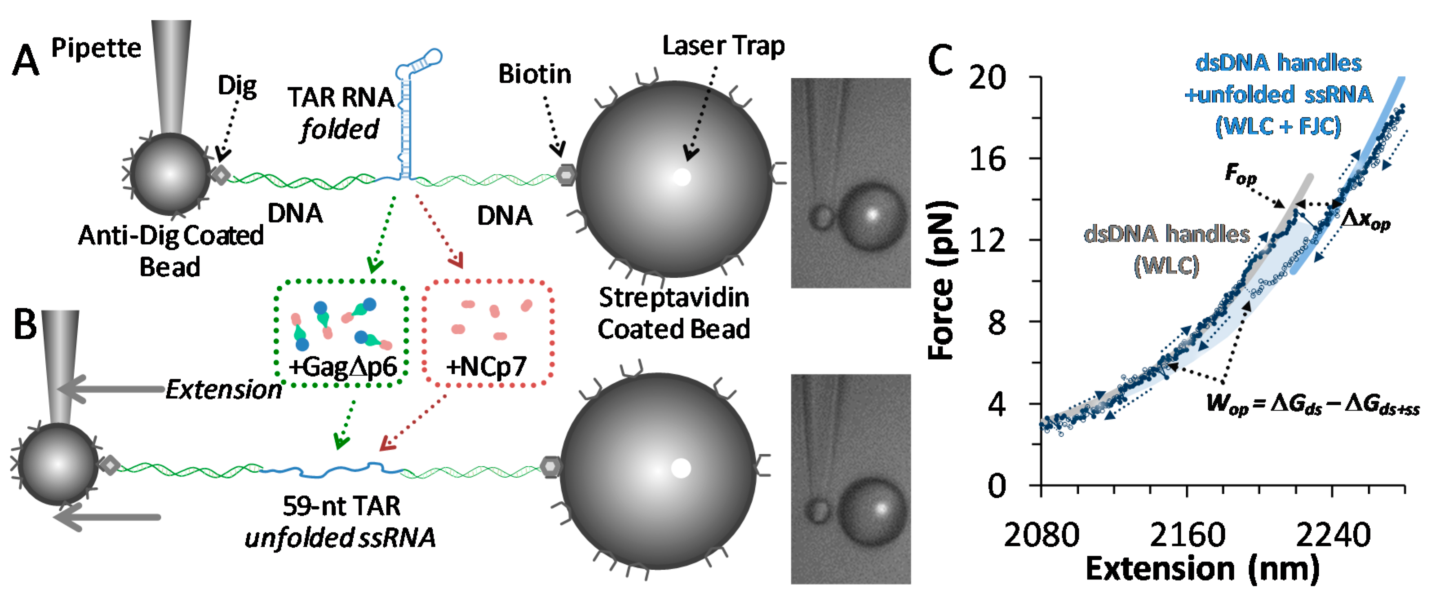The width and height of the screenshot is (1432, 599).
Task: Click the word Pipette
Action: click(x=96, y=49)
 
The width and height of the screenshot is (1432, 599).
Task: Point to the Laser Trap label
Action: click(x=723, y=46)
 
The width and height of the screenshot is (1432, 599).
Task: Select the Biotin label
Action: click(x=534, y=74)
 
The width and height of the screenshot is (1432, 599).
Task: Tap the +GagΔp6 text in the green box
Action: click(x=343, y=367)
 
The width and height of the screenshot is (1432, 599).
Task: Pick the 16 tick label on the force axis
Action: click(x=987, y=159)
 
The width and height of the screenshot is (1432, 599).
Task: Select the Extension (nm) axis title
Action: click(x=1202, y=569)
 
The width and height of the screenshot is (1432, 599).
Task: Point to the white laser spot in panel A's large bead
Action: click(x=682, y=177)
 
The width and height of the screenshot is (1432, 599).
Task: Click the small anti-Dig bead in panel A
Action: click(x=170, y=175)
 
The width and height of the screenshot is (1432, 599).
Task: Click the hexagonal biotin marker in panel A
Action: click(x=566, y=175)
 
